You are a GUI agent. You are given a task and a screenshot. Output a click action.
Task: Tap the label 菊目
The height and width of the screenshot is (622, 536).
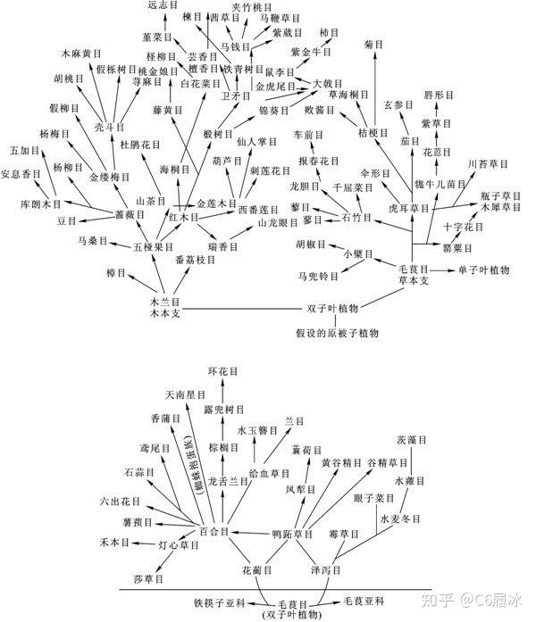373,43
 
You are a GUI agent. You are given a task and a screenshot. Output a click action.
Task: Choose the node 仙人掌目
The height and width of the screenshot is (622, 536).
259,140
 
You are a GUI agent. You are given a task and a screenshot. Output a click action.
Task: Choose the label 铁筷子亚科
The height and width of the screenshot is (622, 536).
220,603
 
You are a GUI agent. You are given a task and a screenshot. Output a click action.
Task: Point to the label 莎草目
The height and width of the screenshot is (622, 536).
148,579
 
